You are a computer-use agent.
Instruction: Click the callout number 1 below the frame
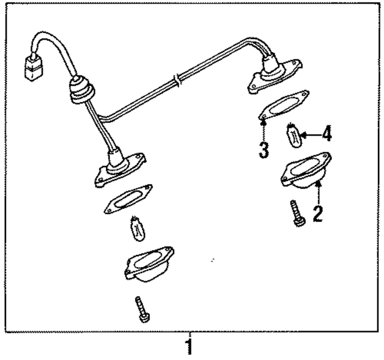pyautogui.click(x=189, y=347)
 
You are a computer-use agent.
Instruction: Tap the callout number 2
pyautogui.click(x=317, y=214)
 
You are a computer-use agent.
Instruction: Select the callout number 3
pyautogui.click(x=264, y=149)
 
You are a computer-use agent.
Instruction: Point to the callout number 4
pyautogui.click(x=326, y=133)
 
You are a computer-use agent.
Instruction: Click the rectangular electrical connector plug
pyautogui.click(x=33, y=67)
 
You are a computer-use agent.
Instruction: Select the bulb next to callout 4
pyautogui.click(x=293, y=135)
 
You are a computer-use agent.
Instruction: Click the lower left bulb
pyautogui.click(x=137, y=229)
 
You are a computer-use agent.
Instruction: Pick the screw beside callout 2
pyautogui.click(x=298, y=213)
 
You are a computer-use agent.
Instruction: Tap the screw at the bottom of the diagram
pyautogui.click(x=142, y=309)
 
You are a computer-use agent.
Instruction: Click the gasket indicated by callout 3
pyautogui.click(x=284, y=106)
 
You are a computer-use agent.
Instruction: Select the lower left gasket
pyautogui.click(x=128, y=199)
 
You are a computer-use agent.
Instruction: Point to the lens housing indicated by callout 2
pyautogui.click(x=306, y=170)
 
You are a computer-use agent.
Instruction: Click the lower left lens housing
pyautogui.click(x=149, y=264)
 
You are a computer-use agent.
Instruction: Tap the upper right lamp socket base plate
pyautogui.click(x=275, y=76)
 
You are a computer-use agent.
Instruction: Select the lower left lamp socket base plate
pyautogui.click(x=120, y=170)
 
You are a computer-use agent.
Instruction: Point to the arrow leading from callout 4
pyautogui.click(x=311, y=134)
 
